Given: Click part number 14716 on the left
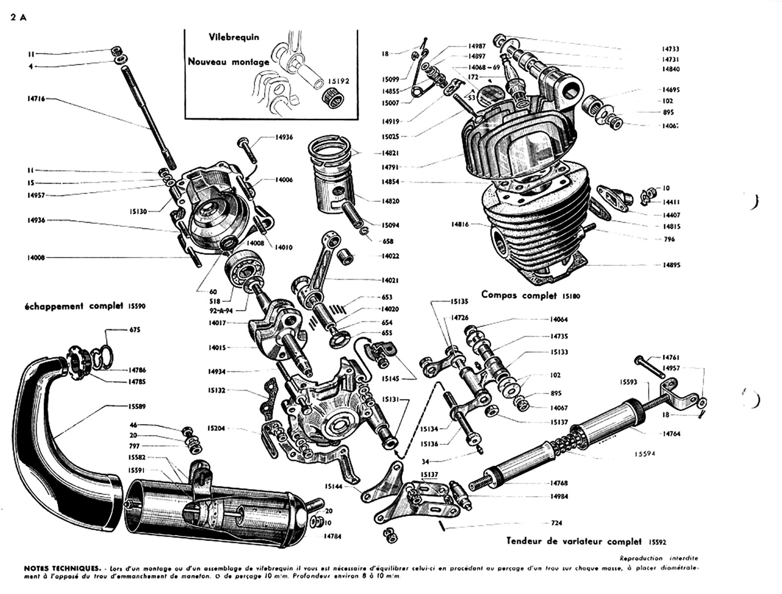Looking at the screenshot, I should click(x=36, y=99).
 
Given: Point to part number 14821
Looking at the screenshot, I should click(x=390, y=153).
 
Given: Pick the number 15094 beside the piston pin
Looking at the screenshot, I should click(x=390, y=225).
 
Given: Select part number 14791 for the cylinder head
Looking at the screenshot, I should click(x=390, y=168).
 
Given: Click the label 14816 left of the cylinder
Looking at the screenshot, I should click(x=461, y=224).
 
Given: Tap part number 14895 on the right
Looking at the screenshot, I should click(x=671, y=265).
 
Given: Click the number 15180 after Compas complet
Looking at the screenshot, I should click(x=571, y=297).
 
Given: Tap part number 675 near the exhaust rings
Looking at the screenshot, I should click(x=135, y=330).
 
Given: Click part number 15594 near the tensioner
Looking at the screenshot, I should click(x=645, y=453).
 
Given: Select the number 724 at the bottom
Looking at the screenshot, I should click(x=556, y=523).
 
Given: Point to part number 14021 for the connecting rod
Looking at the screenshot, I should click(x=390, y=280).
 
